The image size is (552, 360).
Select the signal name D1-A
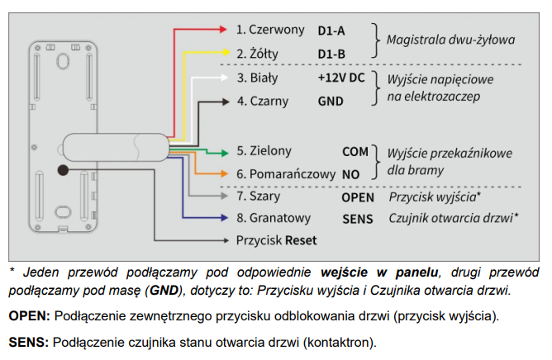[x=331, y=31]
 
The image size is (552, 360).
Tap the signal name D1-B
[x=331, y=54]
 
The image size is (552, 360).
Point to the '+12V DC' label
[x=340, y=78]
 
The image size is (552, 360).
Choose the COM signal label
[x=355, y=152]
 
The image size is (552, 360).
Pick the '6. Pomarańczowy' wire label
[x=285, y=174]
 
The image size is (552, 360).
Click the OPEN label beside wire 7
[x=358, y=198]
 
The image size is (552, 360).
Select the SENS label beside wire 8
[x=357, y=219]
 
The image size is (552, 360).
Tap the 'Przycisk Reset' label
[x=276, y=240]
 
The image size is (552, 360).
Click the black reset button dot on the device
[x=63, y=169]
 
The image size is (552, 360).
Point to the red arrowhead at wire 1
[x=224, y=30]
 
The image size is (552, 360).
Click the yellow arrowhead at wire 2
[x=224, y=54]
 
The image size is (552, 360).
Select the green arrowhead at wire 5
[x=224, y=152]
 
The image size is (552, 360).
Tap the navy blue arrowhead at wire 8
[x=224, y=219]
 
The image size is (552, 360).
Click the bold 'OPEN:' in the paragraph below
[x=30, y=316]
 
